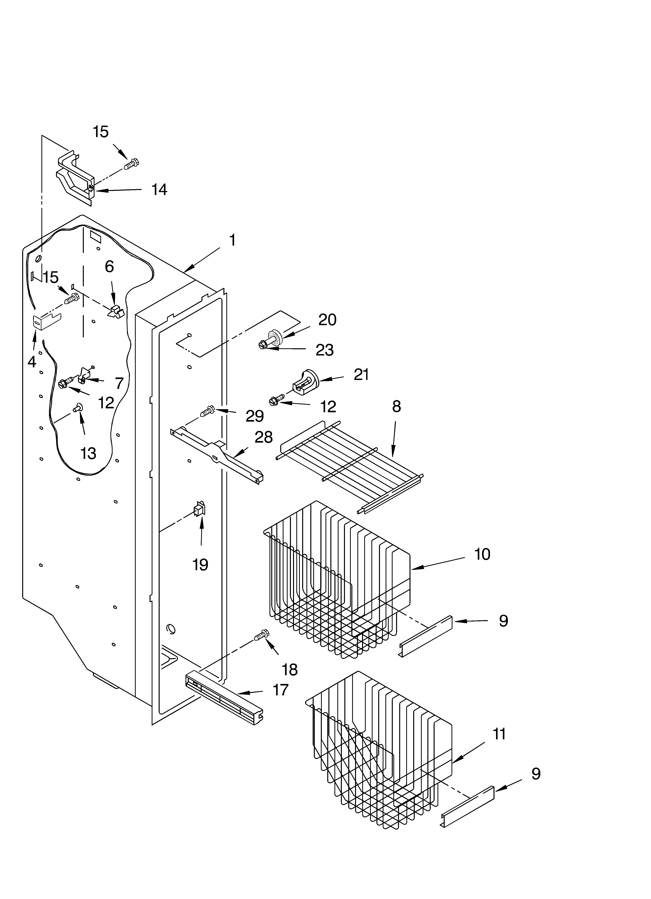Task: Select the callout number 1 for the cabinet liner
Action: click(x=232, y=240)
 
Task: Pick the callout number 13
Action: click(x=88, y=453)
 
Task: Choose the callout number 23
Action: click(x=324, y=350)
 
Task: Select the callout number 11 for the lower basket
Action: click(x=499, y=734)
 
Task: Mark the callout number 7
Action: click(x=119, y=383)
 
